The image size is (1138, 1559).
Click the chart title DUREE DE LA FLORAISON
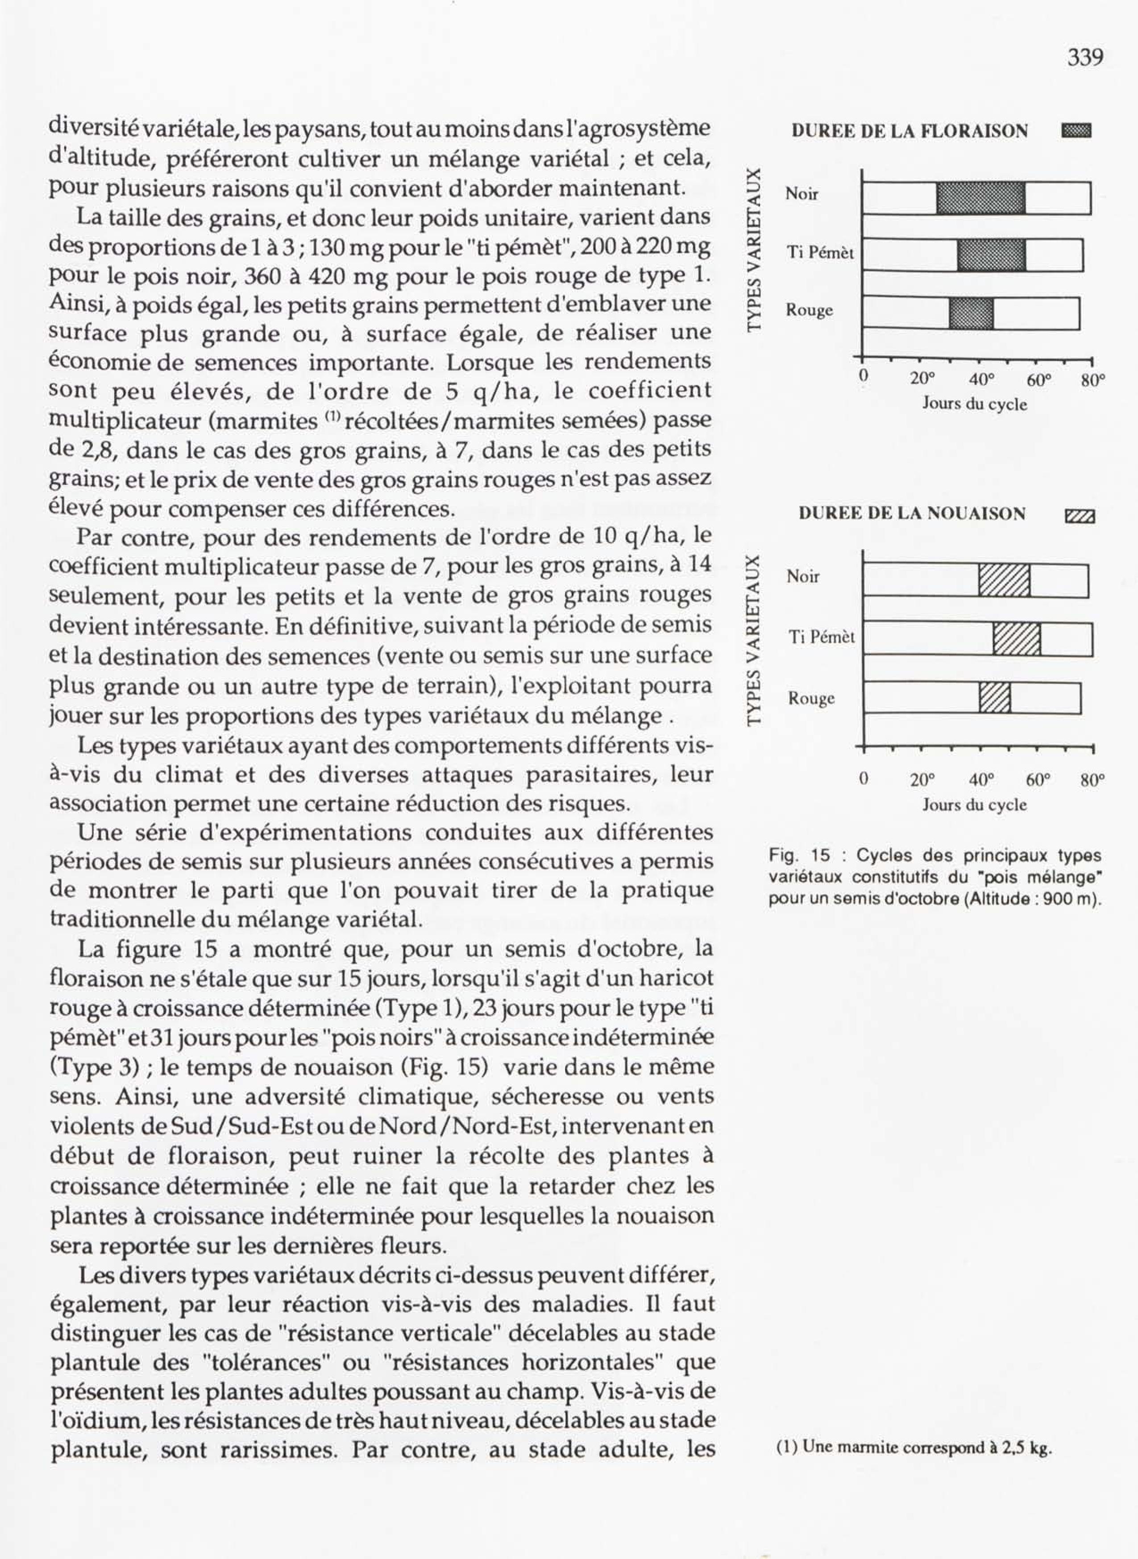910,131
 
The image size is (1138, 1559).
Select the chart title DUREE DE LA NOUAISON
912,513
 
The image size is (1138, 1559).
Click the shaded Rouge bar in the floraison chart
971,313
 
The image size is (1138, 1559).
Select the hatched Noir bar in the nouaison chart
1005,580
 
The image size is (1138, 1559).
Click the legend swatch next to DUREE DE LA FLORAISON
1077,131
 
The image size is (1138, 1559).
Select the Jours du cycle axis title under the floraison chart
974,404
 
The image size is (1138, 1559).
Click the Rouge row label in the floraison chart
810,310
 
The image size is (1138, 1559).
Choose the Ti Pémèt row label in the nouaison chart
822,637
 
